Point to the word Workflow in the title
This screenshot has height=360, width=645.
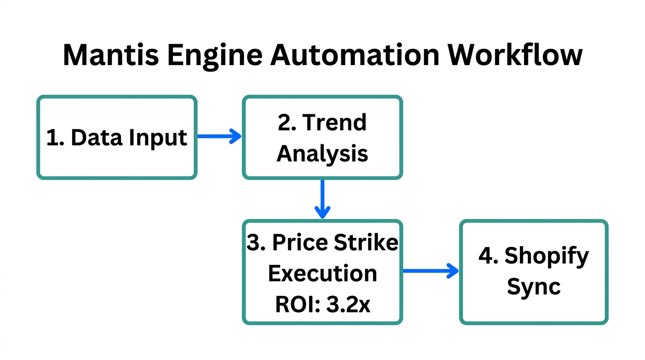click(515, 55)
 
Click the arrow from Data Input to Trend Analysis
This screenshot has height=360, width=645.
click(219, 137)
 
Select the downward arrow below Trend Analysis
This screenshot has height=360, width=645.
click(322, 199)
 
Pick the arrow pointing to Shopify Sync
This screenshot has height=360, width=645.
click(430, 270)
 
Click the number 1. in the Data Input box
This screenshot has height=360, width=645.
click(55, 138)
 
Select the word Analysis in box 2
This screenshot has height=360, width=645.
click(322, 153)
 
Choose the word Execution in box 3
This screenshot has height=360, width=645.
click(322, 273)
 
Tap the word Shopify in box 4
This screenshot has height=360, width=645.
click(546, 256)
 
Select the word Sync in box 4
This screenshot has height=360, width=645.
click(534, 286)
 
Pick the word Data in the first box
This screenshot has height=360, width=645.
click(97, 138)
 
